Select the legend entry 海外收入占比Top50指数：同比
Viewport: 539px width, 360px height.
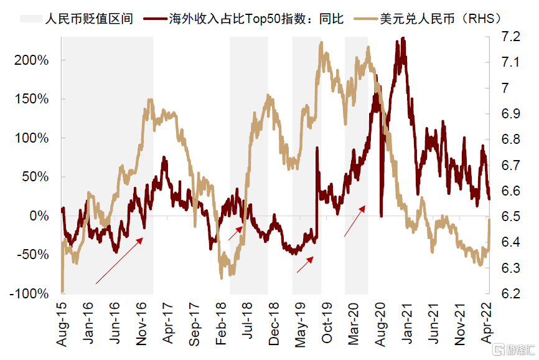tap(255, 18)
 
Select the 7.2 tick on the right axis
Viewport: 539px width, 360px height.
tap(510, 37)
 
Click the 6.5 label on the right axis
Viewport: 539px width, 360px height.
tap(510, 216)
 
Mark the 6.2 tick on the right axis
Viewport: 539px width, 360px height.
tap(510, 293)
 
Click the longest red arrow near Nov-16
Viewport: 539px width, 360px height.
tap(120, 261)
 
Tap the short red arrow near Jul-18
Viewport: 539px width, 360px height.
tap(235, 233)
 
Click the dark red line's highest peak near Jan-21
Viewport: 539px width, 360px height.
tap(403, 39)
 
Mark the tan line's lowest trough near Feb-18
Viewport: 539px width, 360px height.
tap(222, 278)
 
